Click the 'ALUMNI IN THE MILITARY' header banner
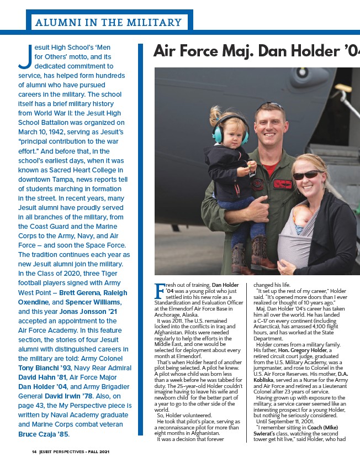(108, 23)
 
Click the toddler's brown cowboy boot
(259, 252)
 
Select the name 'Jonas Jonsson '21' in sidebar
(88, 311)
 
